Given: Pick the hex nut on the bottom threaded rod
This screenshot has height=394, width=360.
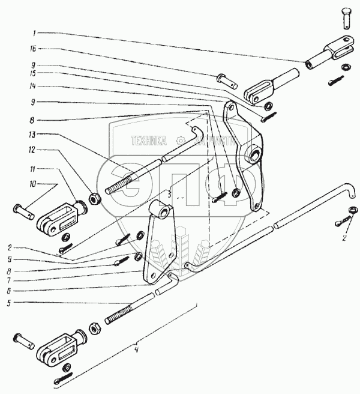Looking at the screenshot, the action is point(95,329).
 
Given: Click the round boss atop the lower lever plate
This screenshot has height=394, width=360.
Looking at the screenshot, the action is point(163,211).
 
